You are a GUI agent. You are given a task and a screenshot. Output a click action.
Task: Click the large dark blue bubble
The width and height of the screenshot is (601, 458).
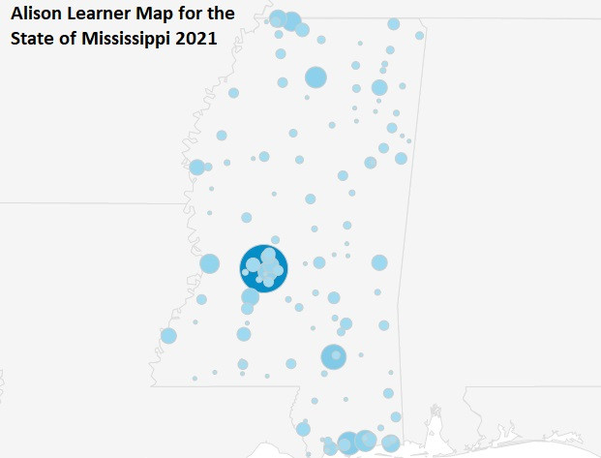click(x=264, y=267)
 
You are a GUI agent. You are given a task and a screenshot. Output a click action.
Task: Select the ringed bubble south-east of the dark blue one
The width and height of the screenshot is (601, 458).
click(x=333, y=357)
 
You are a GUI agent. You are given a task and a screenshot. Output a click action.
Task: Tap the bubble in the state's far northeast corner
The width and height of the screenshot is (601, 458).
click(x=420, y=36)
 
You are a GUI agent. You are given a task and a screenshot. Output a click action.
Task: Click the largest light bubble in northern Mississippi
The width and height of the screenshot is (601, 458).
click(x=316, y=77)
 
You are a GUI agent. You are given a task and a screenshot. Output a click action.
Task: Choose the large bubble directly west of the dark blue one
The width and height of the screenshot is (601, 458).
click(x=210, y=263)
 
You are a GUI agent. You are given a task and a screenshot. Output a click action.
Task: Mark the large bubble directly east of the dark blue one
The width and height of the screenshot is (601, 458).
click(x=379, y=262)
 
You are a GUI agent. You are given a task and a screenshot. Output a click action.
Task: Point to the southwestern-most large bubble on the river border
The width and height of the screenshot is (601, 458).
click(x=168, y=336)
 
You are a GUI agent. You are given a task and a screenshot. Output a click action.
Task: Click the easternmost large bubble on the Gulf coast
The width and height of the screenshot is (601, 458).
click(x=391, y=443)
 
